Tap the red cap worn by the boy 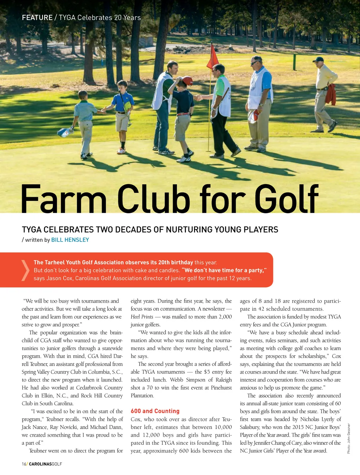tap(187, 81)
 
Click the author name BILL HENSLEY tap(70, 240)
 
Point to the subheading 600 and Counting tap(155, 411)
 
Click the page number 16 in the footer tap(24, 464)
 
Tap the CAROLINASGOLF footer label tap(45, 464)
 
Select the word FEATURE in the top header tap(37, 18)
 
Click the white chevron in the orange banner tap(25, 270)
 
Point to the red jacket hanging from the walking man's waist tap(331, 94)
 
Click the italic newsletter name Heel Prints tap(142, 317)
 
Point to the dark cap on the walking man tap(318, 59)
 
